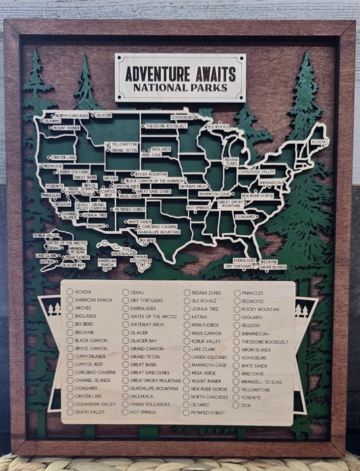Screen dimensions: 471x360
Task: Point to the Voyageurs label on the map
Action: coord(183,117)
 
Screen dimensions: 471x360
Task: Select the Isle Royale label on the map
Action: coord(219,126)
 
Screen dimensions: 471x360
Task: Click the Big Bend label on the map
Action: coord(147,240)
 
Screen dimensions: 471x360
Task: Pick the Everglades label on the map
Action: coord(245,260)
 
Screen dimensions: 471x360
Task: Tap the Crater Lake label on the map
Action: coord(62,157)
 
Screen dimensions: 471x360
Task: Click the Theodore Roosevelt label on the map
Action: coord(165,126)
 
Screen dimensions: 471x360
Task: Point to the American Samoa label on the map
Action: coord(107,262)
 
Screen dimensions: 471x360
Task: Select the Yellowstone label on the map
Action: coord(124,144)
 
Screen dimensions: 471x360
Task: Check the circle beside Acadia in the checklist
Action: coord(70,292)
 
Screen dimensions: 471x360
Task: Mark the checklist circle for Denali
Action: coord(126,292)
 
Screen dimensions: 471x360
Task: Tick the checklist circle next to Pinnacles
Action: coord(236,293)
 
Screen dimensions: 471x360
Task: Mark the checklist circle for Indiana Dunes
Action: coord(186,293)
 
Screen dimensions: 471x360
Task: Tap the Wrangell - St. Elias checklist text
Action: coord(264,380)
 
